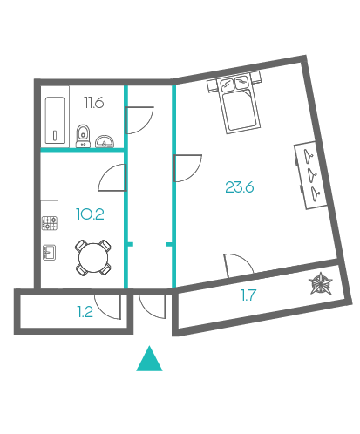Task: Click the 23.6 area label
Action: point(240,187)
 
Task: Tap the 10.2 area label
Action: point(90,214)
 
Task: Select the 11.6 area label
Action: point(94,103)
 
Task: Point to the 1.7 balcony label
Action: point(248,295)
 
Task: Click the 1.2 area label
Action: point(85,312)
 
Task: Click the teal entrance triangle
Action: point(149,358)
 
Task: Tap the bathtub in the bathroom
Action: point(55,120)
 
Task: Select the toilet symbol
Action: point(83,136)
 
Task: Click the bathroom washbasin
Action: point(105,141)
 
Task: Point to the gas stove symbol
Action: point(50,223)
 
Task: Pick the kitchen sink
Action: point(49,252)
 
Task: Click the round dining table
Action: point(93,258)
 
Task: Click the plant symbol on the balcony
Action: point(320,283)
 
